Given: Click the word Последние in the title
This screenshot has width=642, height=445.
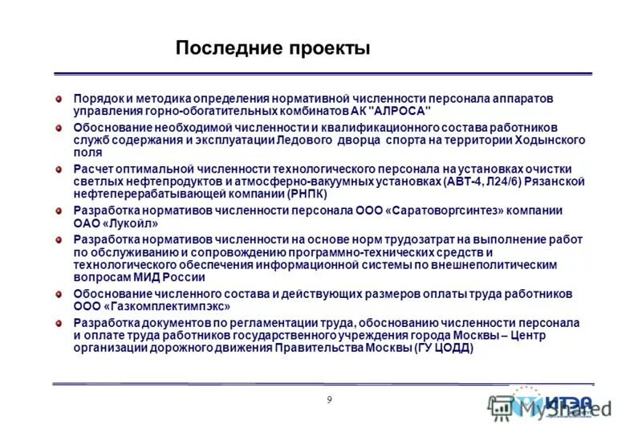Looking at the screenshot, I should click(226, 48).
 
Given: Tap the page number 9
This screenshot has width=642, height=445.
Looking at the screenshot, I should click(329, 401).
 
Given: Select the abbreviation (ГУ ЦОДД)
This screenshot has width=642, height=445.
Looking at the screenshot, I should click(444, 349).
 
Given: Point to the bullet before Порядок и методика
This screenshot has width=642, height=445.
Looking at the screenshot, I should click(59, 98).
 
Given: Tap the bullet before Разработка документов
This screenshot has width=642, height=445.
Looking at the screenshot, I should click(59, 323).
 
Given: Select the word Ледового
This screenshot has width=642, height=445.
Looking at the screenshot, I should click(307, 140).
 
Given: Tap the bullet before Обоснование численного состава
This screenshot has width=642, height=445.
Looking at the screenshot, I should click(59, 294).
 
